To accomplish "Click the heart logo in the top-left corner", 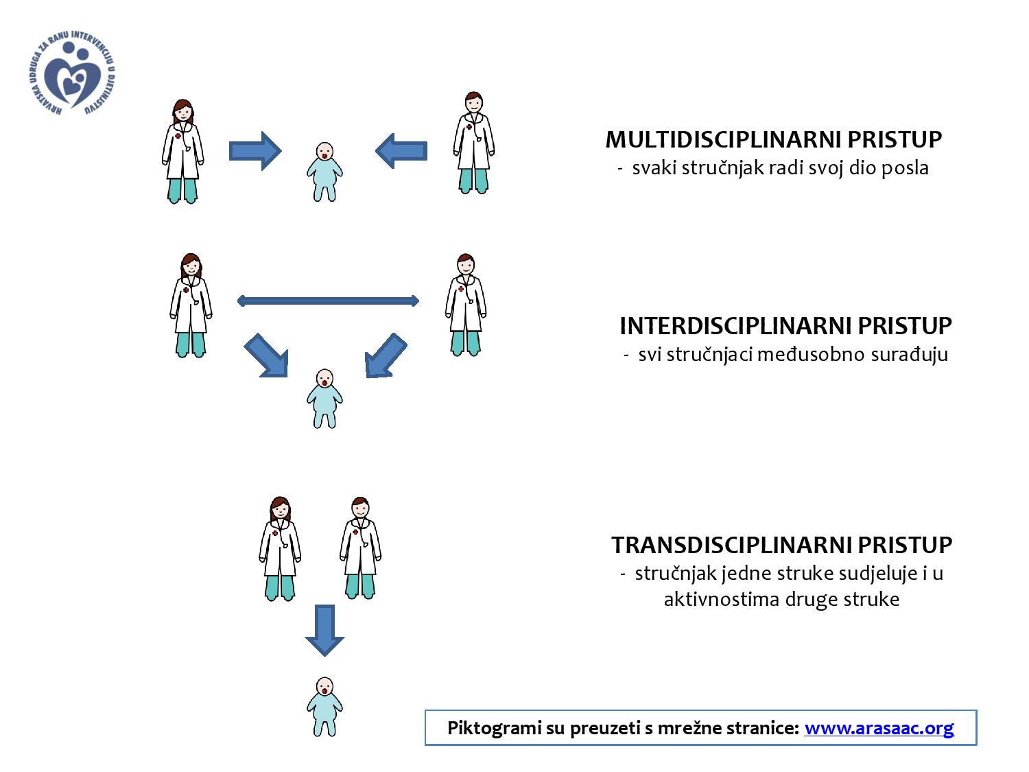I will click(x=75, y=76).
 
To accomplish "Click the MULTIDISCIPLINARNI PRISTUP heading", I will click(x=773, y=140).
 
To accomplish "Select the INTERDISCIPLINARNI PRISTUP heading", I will click(x=785, y=325).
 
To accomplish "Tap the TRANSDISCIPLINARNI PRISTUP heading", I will click(x=781, y=545).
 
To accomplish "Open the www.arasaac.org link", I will click(x=879, y=727).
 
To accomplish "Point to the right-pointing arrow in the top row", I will click(x=255, y=150).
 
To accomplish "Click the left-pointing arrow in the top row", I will click(x=401, y=150).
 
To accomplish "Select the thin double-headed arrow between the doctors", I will click(x=328, y=301).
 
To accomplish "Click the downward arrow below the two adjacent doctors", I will click(x=324, y=629).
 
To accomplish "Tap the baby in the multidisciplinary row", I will click(x=324, y=172).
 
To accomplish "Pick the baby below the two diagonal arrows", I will click(x=324, y=398).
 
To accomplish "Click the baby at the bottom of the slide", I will click(x=324, y=706).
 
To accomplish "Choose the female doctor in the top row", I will click(x=182, y=151).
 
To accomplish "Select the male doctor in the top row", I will click(x=473, y=143).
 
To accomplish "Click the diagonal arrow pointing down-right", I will click(x=267, y=355).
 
